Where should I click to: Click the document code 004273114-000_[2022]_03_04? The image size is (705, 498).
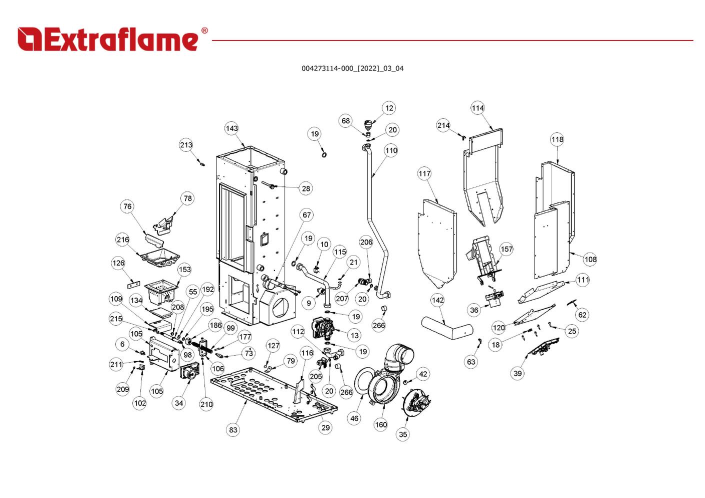click(352, 68)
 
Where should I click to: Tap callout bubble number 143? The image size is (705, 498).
click(231, 128)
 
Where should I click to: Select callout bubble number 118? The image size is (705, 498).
click(557, 139)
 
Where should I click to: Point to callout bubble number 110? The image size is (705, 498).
click(391, 150)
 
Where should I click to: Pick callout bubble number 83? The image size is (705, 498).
click(233, 429)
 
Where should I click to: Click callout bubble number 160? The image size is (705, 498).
click(380, 424)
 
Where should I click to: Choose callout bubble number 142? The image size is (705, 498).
click(437, 300)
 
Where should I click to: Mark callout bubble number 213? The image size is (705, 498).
click(186, 145)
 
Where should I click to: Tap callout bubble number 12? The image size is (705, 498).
click(389, 108)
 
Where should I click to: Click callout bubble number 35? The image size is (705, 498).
click(403, 434)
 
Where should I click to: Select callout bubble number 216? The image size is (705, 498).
click(122, 239)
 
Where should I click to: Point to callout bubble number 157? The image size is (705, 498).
click(506, 249)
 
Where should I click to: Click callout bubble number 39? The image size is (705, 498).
click(517, 373)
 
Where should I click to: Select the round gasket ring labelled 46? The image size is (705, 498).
click(364, 385)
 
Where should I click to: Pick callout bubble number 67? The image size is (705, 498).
click(306, 215)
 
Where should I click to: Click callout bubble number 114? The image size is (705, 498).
click(477, 108)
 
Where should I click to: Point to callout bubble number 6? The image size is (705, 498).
click(122, 344)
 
